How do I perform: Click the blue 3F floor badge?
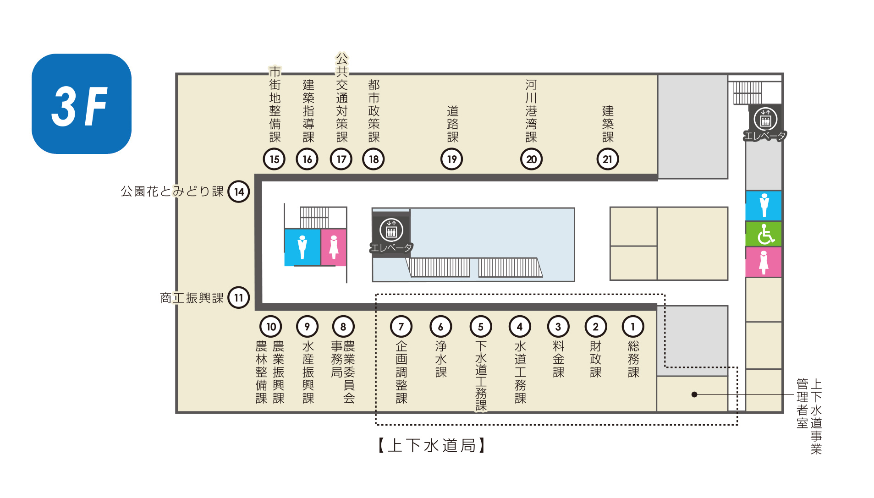tap(82, 104)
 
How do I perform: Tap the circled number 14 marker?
tap(239, 192)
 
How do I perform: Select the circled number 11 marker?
tap(239, 298)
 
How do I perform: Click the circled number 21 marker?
tap(608, 159)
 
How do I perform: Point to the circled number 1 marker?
tap(633, 327)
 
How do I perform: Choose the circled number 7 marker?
tap(401, 327)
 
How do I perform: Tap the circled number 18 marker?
tap(374, 159)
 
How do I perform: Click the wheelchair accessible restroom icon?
tap(764, 234)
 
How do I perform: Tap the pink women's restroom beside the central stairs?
tap(334, 247)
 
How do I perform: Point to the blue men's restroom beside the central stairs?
tap(302, 247)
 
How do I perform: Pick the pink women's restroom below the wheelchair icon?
tap(764, 262)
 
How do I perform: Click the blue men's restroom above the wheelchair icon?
tap(764, 205)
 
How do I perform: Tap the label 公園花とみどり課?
tap(172, 191)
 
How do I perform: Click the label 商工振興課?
tap(192, 298)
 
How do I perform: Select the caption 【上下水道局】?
tap(431, 445)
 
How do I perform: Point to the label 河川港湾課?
tap(531, 111)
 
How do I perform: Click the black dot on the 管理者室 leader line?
tap(694, 394)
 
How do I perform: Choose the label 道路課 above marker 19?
tap(453, 124)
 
